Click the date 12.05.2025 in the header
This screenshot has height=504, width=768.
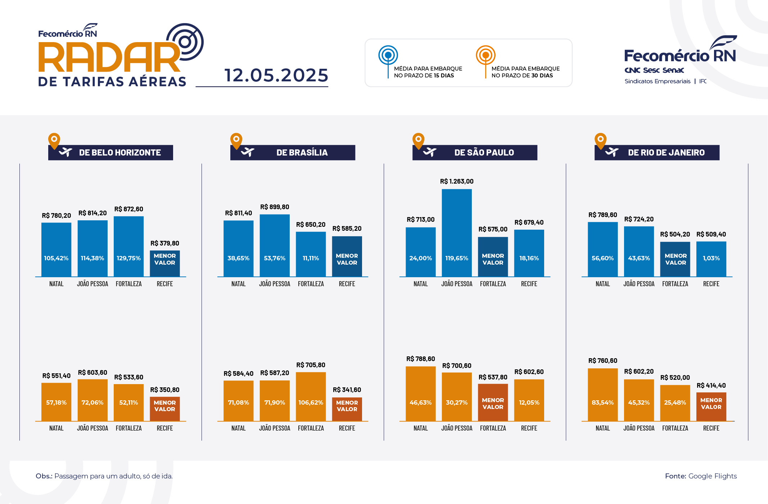[276, 75]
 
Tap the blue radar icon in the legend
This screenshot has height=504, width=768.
[388, 55]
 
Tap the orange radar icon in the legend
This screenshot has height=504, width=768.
[485, 55]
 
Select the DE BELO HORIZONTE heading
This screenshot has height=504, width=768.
[120, 153]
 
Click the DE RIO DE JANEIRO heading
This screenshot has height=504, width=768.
[666, 153]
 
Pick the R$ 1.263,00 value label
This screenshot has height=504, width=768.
[457, 181]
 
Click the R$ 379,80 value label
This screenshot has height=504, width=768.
[164, 243]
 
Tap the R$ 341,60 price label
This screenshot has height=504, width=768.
[347, 390]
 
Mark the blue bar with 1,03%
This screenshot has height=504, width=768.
[711, 259]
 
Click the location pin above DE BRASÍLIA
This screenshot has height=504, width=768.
[236, 140]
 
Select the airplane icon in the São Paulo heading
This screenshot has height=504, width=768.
[430, 152]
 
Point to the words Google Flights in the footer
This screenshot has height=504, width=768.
[712, 476]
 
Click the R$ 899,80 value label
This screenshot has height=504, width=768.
[275, 207]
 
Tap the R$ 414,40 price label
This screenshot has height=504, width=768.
[711, 386]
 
